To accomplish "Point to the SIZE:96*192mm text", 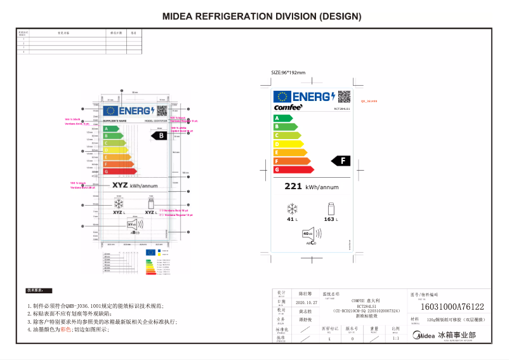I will click(288, 72).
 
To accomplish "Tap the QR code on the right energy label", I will click(343, 97).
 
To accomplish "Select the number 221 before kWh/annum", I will click(293, 187).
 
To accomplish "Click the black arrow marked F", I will click(342, 161).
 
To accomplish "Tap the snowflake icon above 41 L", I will click(293, 209).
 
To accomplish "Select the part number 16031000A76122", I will click(452, 306).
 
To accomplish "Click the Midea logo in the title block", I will click(425, 335).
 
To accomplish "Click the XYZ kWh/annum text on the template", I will click(134, 185).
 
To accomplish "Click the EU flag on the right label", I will click(282, 97).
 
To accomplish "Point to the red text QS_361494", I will click(369, 101).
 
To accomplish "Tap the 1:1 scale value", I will click(396, 338).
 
